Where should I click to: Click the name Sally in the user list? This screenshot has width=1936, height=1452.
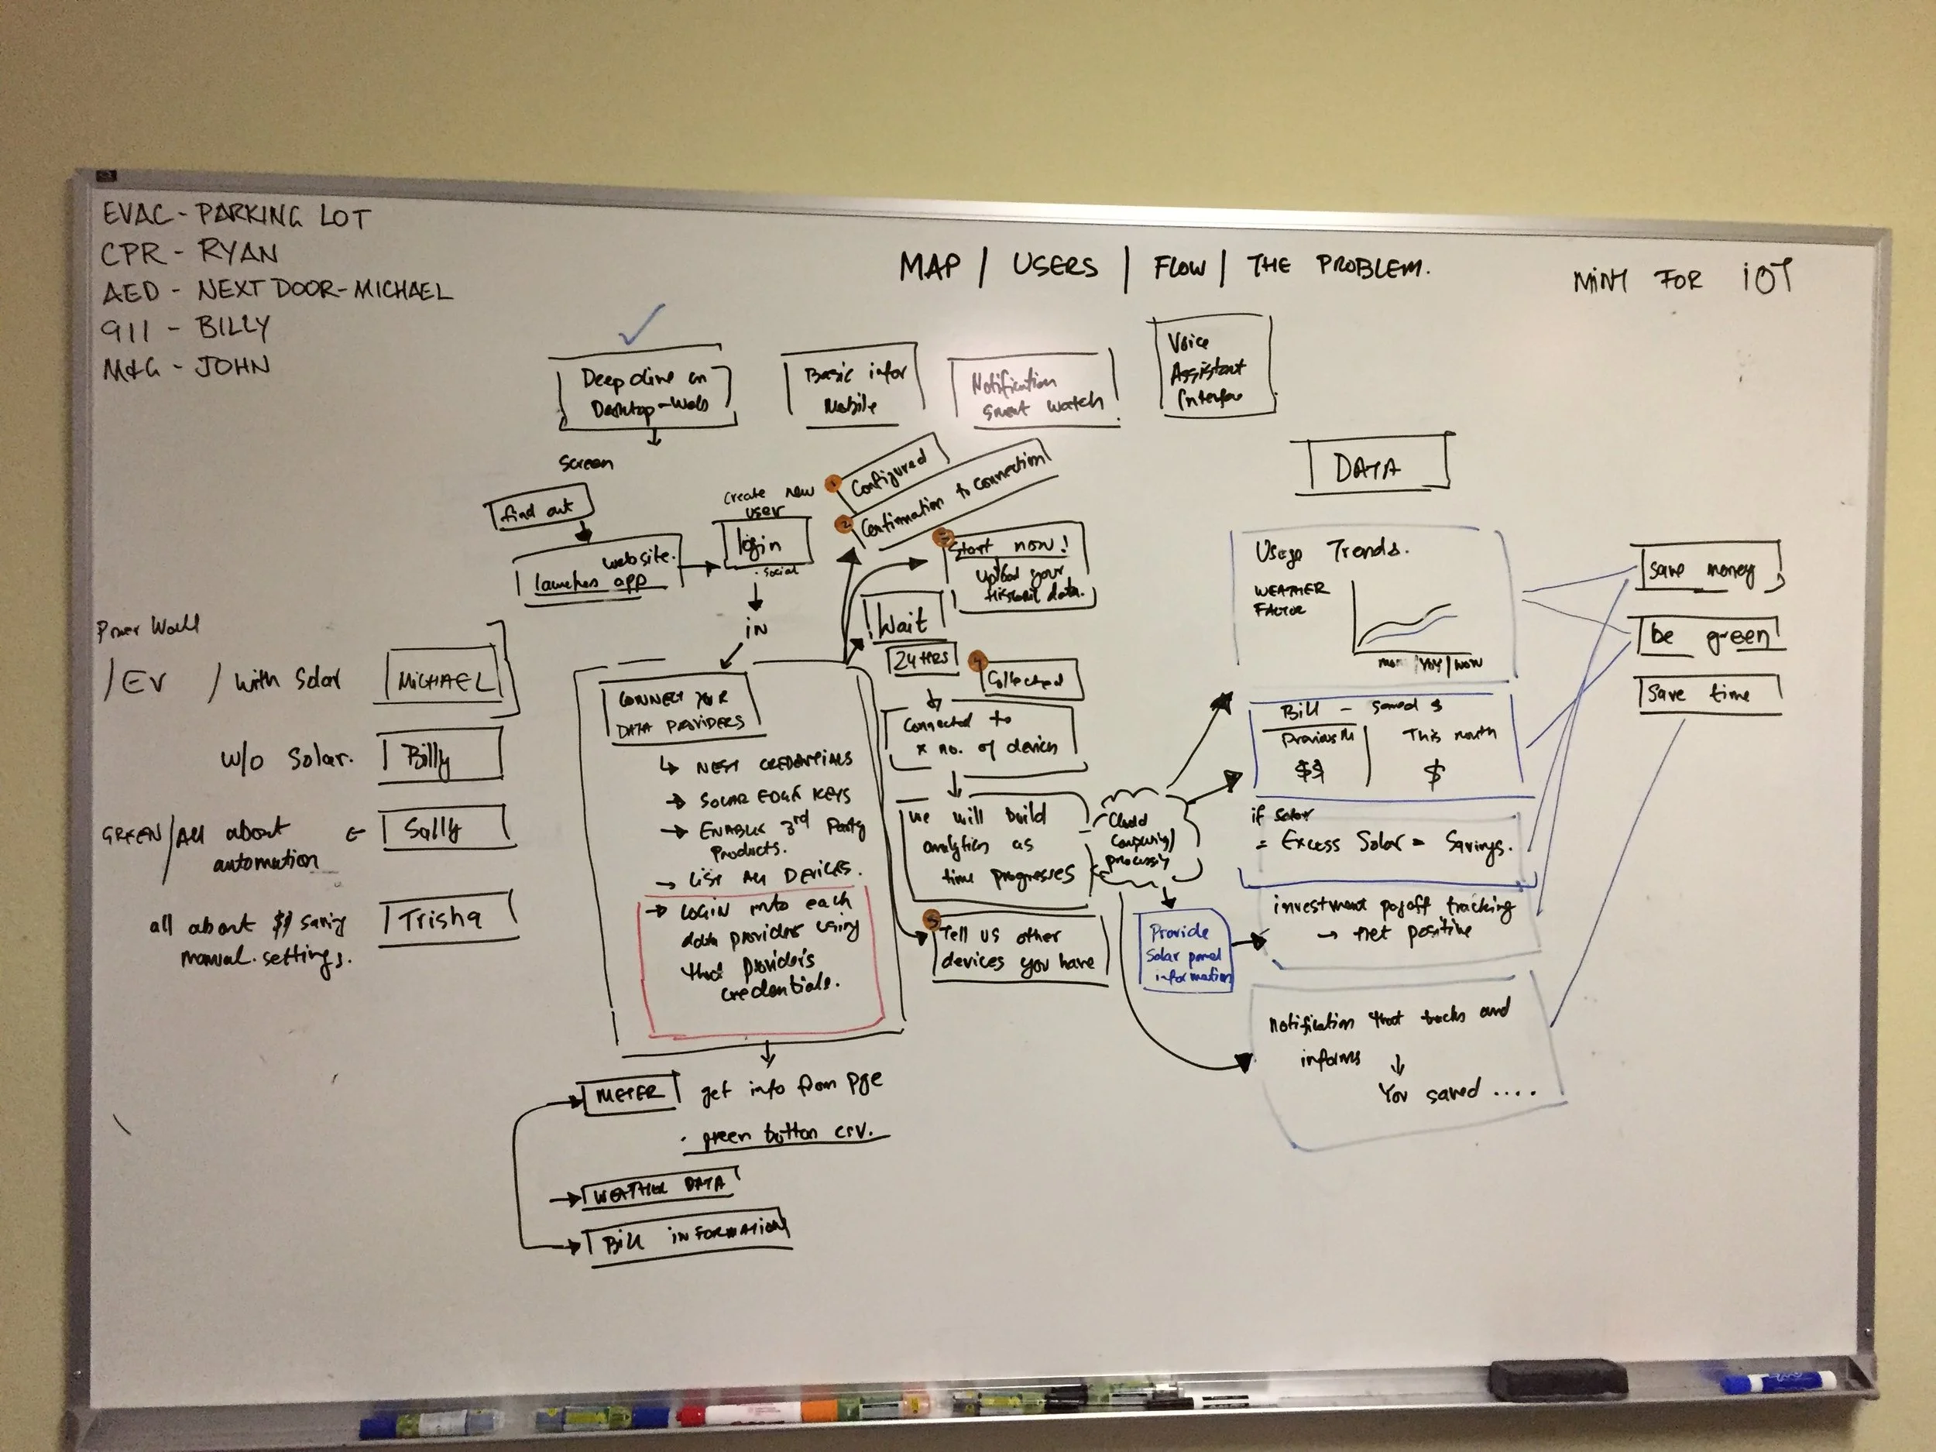pos(435,828)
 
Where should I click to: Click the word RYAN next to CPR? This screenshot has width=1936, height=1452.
pos(237,253)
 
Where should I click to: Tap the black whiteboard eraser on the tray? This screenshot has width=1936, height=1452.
pos(1557,1378)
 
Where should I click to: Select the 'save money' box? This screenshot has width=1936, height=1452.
pos(1702,570)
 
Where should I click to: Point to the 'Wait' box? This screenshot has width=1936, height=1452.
pos(903,621)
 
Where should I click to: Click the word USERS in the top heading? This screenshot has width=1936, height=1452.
pos(1054,265)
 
